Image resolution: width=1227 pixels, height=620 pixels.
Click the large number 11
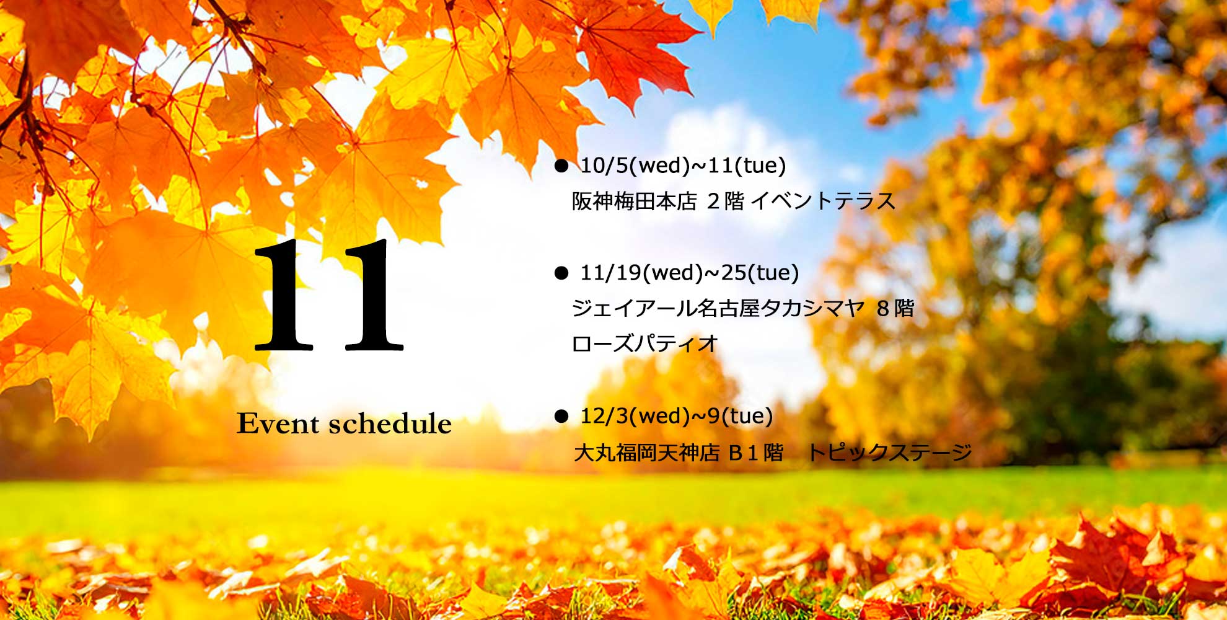328,296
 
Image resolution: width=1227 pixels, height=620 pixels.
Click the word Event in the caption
278,424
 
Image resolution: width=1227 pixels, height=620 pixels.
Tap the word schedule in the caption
390,423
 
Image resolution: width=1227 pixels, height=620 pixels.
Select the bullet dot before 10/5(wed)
561,166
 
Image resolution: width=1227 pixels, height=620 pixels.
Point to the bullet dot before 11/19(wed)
561,273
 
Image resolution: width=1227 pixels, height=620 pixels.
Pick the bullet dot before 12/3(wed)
561,416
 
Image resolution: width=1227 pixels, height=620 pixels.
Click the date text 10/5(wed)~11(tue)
683,166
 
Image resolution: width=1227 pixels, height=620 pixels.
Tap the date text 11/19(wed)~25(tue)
690,273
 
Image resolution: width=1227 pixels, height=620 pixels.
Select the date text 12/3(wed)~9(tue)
677,416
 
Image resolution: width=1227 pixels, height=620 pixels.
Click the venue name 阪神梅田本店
635,201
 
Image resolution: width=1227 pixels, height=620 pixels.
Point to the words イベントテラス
823,201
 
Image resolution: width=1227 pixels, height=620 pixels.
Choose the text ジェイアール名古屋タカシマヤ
718,308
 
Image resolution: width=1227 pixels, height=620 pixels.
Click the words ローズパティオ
644,343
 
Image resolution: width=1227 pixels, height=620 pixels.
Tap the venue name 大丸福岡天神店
647,453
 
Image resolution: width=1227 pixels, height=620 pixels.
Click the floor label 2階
725,201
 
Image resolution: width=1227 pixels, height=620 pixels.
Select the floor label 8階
895,308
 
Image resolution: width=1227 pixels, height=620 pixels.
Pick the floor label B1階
756,453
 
